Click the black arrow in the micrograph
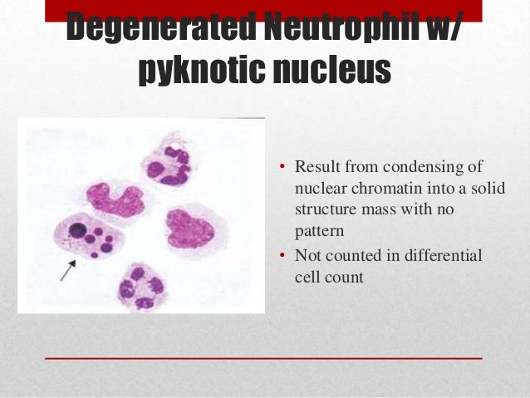point(67,270)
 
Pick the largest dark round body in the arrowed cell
point(78,228)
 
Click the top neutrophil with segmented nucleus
point(168,162)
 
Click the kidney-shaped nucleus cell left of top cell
point(114,200)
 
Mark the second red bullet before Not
point(282,257)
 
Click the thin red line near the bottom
point(264,357)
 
